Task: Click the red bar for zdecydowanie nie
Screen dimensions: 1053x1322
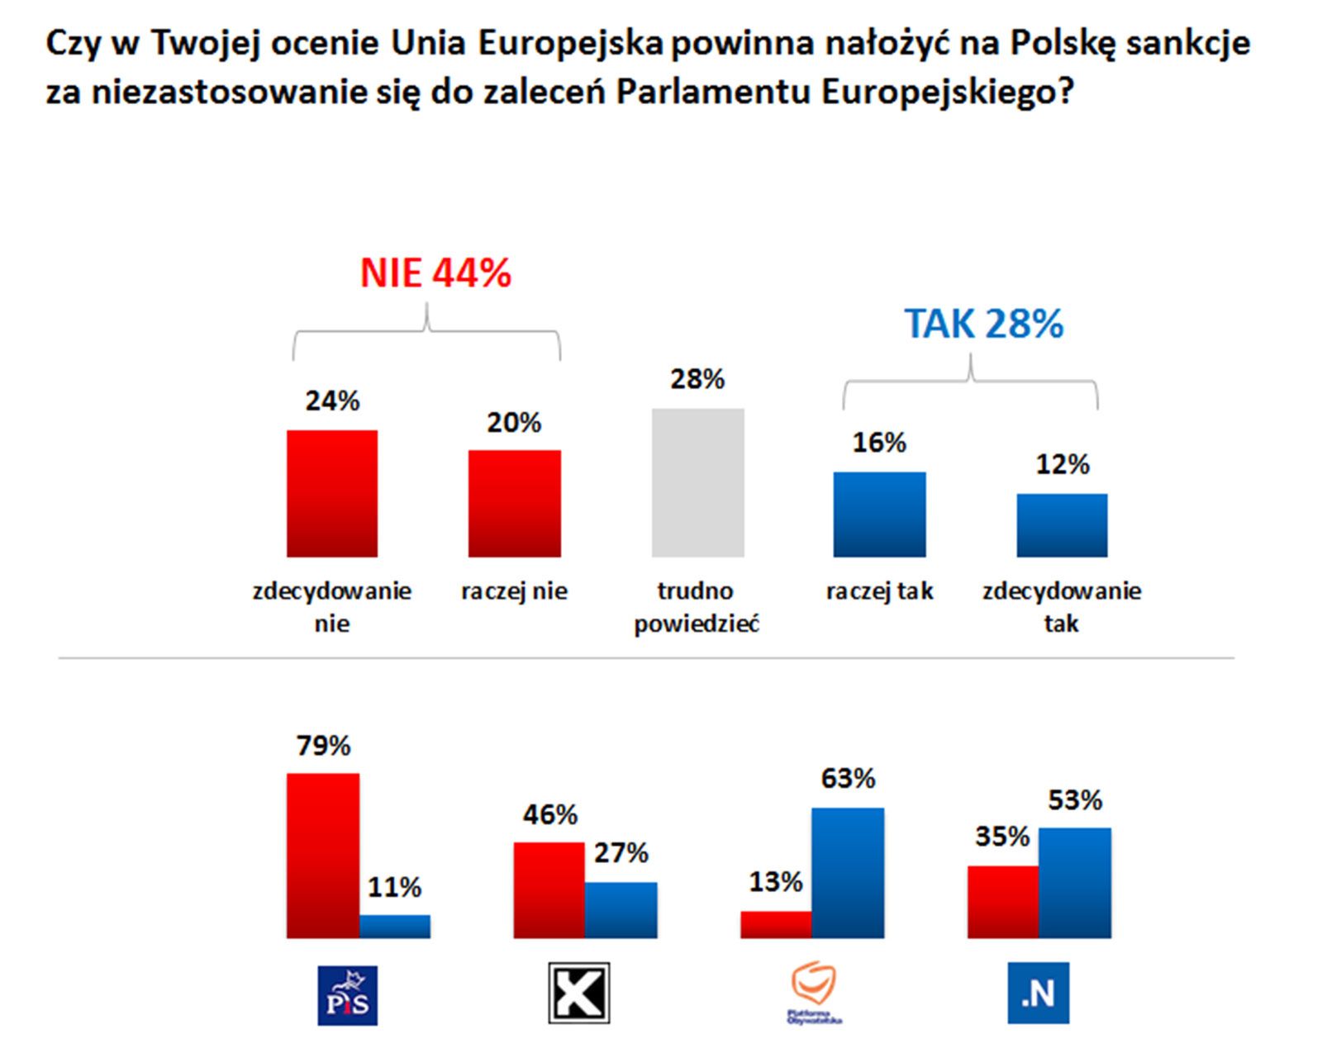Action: (332, 493)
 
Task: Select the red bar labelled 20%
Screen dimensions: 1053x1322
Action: (514, 503)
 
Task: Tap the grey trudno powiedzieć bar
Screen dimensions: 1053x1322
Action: (697, 482)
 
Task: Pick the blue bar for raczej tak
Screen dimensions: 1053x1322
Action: (879, 514)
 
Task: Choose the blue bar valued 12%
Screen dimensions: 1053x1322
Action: (1062, 525)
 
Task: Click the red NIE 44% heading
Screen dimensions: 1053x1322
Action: (435, 273)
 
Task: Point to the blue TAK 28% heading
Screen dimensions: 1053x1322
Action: (983, 324)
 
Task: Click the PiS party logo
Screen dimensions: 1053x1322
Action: (348, 995)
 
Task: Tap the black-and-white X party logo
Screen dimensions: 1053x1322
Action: (579, 993)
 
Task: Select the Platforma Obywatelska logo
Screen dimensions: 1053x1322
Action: (814, 994)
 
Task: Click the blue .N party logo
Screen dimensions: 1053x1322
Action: (1038, 993)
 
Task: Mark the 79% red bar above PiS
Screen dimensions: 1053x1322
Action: (323, 855)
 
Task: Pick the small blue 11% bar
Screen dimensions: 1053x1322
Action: (395, 926)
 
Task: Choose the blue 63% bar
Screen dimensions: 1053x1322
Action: (848, 872)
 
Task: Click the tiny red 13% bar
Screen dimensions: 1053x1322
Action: (776, 924)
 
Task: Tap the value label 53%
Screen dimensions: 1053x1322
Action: (1075, 800)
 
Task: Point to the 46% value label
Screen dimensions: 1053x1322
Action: (549, 815)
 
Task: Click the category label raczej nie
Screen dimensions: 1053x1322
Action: (514, 591)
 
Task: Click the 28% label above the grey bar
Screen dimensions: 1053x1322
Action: (697, 380)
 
